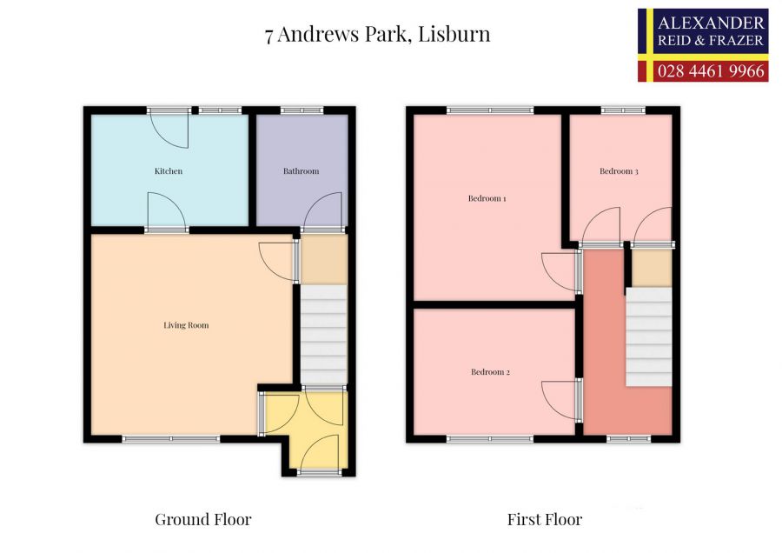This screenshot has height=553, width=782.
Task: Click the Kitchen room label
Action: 169,171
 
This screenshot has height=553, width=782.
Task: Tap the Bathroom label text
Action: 301,171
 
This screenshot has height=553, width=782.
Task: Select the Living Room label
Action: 186,325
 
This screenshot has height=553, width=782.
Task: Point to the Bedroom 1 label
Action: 487,198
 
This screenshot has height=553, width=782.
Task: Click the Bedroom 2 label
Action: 490,372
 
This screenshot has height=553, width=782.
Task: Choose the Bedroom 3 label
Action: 619,171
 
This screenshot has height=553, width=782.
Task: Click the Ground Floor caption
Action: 203,520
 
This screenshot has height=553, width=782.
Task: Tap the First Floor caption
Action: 545,520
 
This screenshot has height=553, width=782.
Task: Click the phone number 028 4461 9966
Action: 712,70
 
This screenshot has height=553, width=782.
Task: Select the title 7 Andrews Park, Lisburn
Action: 378,35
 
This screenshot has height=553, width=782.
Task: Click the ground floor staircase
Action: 323,335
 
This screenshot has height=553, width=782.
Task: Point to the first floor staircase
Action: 649,337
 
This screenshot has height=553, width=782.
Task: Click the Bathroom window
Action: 302,110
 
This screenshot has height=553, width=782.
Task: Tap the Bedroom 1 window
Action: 490,110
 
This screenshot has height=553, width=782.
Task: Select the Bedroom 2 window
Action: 490,439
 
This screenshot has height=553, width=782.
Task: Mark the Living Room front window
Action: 171,439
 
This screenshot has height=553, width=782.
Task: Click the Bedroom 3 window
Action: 623,110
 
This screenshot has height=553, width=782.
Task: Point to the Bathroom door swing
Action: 322,211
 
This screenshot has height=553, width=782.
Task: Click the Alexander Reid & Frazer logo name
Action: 712,31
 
